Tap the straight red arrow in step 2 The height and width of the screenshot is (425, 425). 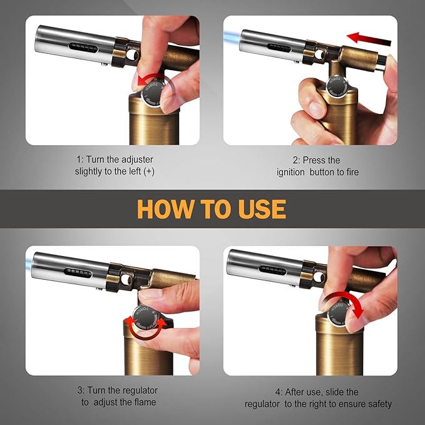pyautogui.click(x=369, y=39)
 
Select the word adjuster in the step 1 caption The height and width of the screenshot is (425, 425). pyautogui.click(x=137, y=160)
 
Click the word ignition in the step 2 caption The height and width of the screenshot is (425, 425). pyautogui.click(x=290, y=172)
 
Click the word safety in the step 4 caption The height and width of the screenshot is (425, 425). pyautogui.click(x=380, y=404)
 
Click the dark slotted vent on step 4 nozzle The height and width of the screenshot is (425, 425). pyautogui.click(x=273, y=270)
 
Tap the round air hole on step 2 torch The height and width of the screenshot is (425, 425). pyautogui.click(x=319, y=54)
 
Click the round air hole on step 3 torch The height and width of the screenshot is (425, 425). pyautogui.click(x=126, y=279)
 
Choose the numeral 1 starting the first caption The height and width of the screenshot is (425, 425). pyautogui.click(x=79, y=160)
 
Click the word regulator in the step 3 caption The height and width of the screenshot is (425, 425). pyautogui.click(x=140, y=391)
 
